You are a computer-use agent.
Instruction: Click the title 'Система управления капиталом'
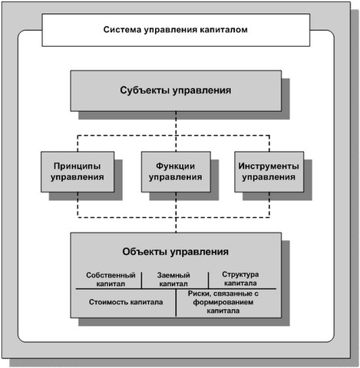tap(176, 30)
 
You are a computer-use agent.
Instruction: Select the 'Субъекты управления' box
tap(176, 91)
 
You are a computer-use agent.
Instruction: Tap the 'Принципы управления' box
tap(78, 172)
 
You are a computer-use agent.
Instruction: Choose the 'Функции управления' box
tap(176, 172)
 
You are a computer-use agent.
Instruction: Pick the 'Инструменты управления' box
tap(269, 172)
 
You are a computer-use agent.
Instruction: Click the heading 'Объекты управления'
tap(176, 252)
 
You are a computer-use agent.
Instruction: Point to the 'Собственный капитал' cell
tap(111, 279)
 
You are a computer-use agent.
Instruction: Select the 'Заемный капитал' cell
tap(173, 279)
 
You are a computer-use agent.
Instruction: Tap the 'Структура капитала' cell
tap(240, 279)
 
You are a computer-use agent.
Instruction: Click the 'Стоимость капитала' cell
tap(126, 302)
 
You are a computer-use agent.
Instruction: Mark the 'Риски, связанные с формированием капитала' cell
tap(223, 302)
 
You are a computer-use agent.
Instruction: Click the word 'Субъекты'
tap(144, 90)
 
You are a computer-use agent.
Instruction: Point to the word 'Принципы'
tap(77, 166)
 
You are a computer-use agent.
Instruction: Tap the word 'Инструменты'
tap(269, 166)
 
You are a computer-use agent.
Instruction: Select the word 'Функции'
tap(176, 166)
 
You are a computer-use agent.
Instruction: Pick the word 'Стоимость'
tap(108, 302)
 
